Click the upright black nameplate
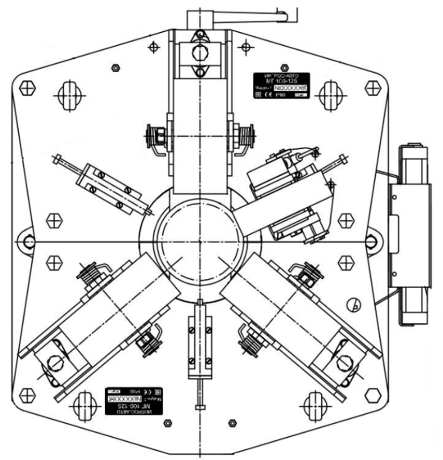coord(282,86)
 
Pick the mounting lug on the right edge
coord(371,241)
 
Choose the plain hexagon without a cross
coord(372,396)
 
